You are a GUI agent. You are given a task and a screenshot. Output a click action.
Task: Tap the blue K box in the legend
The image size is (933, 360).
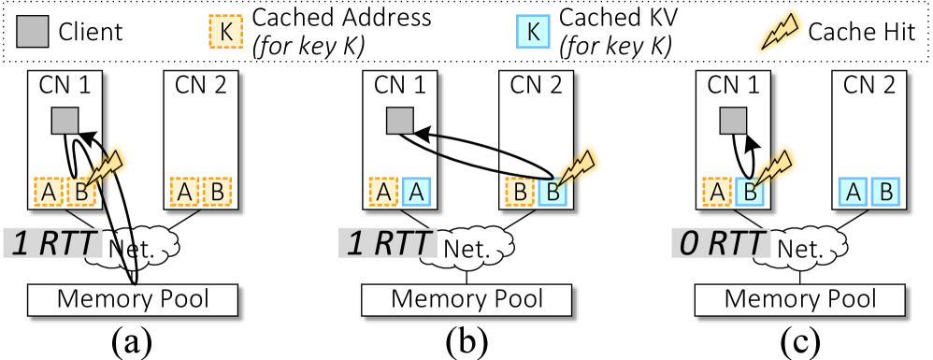pos(532,32)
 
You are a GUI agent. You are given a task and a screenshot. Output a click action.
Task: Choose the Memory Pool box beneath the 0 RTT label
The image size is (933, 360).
pos(800,299)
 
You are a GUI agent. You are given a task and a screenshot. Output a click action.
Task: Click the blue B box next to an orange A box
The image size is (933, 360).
pos(749,192)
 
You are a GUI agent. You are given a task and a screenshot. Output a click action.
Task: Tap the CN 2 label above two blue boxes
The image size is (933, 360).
pos(864,85)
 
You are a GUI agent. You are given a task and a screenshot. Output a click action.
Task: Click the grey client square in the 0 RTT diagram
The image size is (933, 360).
pos(733,121)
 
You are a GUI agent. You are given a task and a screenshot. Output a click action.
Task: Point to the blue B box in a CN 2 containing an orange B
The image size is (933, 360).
pos(551,192)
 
